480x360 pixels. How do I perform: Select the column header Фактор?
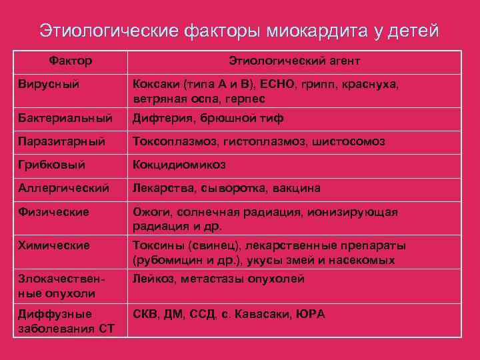pos(71,61)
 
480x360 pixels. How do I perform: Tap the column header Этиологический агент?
pos(295,61)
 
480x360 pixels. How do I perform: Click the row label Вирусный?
pos(45,85)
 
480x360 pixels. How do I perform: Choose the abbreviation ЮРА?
pos(311,313)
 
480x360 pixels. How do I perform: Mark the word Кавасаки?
pos(261,313)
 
